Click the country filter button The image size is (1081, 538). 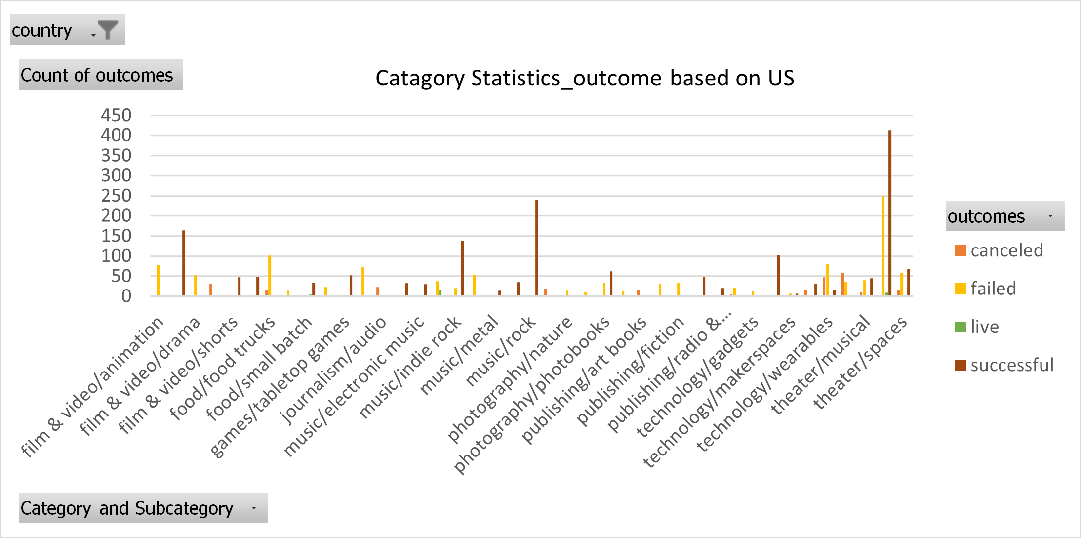tap(67, 30)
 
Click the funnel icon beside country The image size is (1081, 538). tap(107, 30)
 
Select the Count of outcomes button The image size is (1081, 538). tap(101, 75)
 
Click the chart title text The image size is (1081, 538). tap(585, 78)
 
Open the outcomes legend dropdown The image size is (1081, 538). tap(1050, 216)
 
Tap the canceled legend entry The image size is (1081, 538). tap(1006, 250)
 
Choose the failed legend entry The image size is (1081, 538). tap(993, 289)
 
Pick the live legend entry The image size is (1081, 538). tap(984, 327)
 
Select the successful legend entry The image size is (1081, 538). tap(1011, 365)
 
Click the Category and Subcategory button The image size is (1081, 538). tap(143, 508)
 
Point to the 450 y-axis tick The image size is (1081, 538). tap(116, 115)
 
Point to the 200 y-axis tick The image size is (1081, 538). tap(116, 215)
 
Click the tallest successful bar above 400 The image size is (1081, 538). tap(890, 212)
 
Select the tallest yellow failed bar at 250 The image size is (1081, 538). tap(883, 247)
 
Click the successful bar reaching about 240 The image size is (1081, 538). tap(536, 247)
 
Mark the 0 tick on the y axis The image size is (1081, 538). tap(126, 296)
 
